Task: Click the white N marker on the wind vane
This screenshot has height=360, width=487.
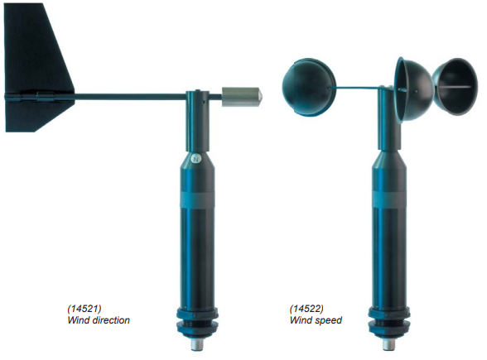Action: (195, 158)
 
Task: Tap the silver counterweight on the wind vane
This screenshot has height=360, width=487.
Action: (242, 97)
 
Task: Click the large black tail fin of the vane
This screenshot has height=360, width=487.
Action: (37, 67)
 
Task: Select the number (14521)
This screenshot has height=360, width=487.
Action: (84, 309)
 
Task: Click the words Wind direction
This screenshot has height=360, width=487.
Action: (99, 320)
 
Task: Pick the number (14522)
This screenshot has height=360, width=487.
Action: (306, 309)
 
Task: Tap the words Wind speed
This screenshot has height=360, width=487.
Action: (316, 320)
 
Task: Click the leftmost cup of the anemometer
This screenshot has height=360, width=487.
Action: (309, 87)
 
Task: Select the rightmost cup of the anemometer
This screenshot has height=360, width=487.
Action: (456, 87)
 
